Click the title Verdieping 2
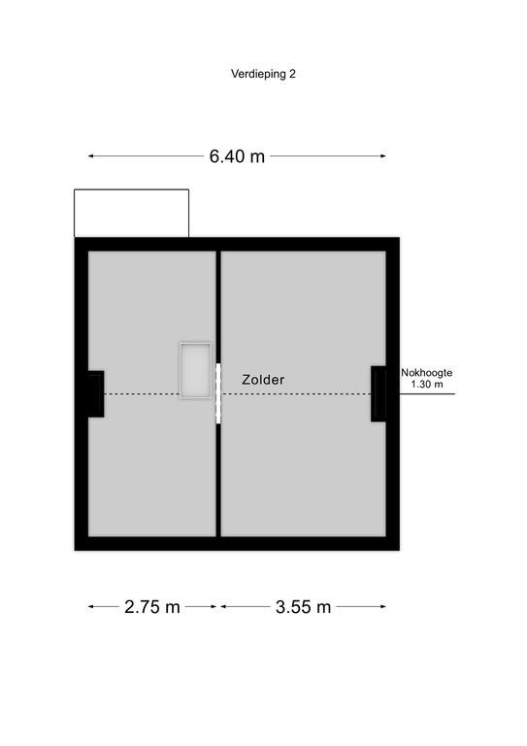[263, 74]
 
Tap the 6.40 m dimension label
[237, 156]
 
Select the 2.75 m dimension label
[152, 606]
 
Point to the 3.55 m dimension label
[303, 606]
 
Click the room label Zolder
[263, 380]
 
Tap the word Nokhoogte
[426, 373]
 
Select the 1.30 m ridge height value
[427, 385]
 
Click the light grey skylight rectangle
[195, 370]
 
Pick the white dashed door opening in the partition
[218, 393]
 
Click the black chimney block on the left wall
[95, 394]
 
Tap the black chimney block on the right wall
[379, 393]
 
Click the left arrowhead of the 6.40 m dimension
[90, 156]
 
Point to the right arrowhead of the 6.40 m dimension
[383, 156]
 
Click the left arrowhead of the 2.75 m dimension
[90, 606]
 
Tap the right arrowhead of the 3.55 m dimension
[383, 606]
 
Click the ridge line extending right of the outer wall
[427, 393]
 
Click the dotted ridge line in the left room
[142, 393]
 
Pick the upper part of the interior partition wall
[218, 307]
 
